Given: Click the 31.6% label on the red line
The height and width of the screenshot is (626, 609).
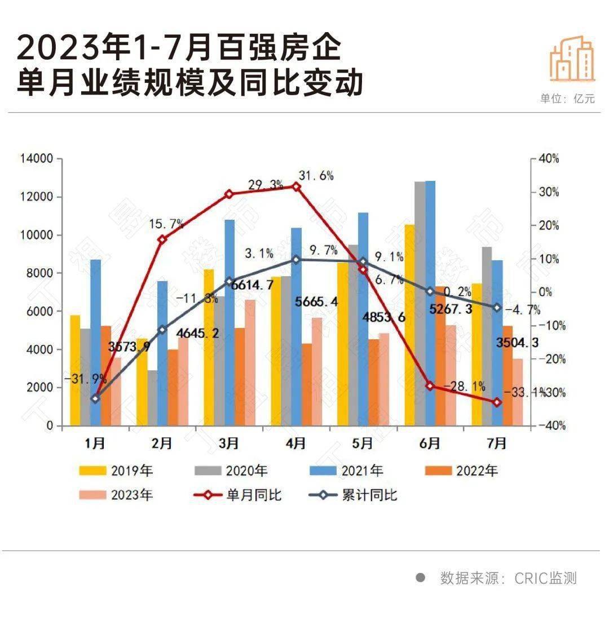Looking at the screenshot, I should (x=316, y=176).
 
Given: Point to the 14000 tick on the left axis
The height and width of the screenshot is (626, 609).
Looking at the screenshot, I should (x=37, y=159).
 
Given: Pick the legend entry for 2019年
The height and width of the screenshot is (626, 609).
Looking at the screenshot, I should (x=116, y=470).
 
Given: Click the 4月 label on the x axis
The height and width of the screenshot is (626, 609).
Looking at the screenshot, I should (x=295, y=444).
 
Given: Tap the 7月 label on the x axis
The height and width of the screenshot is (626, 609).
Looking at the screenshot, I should (x=497, y=444).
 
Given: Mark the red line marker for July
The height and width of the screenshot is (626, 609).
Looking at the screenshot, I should (x=497, y=402).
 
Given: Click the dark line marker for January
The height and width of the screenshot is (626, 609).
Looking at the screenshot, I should (x=95, y=399).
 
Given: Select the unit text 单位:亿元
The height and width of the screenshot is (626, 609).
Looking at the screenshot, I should (x=567, y=99).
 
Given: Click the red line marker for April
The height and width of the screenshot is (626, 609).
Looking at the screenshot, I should (x=296, y=187).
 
